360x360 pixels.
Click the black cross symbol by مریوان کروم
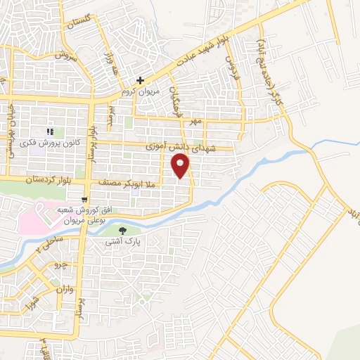[141, 81]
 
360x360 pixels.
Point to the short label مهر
[195, 122]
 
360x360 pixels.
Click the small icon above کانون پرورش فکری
[50, 131]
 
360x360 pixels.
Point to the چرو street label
[60, 265]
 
